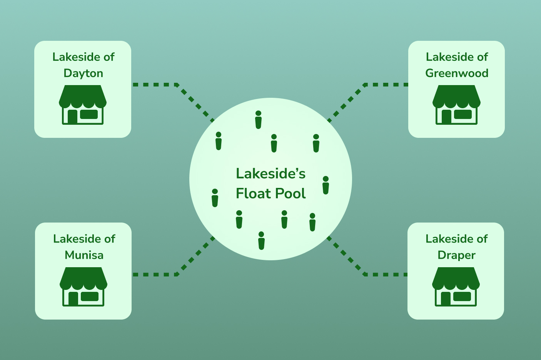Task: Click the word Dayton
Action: pyautogui.click(x=83, y=73)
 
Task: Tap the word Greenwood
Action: pyautogui.click(x=457, y=73)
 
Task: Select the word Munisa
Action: pyautogui.click(x=84, y=255)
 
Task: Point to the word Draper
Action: pyautogui.click(x=456, y=255)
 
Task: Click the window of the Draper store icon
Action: pyautogui.click(x=462, y=296)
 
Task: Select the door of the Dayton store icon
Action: pyautogui.click(x=72, y=117)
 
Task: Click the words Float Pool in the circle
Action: pyautogui.click(x=270, y=193)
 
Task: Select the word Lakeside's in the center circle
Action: pyautogui.click(x=270, y=174)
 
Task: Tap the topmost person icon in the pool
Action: pyautogui.click(x=258, y=120)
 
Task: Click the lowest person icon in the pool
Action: pyautogui.click(x=261, y=241)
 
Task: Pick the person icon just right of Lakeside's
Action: pyautogui.click(x=326, y=185)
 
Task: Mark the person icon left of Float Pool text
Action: pyautogui.click(x=215, y=198)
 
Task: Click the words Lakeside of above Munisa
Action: pyautogui.click(x=84, y=239)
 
